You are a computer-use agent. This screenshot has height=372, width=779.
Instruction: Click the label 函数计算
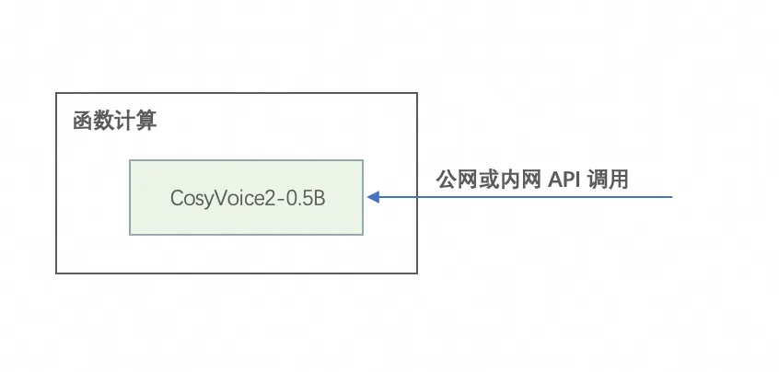coord(115,122)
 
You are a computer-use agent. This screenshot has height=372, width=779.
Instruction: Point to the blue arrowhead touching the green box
coord(372,197)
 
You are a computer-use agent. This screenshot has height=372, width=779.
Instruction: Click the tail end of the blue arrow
coord(673,197)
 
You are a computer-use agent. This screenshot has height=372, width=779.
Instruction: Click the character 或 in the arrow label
coord(487,179)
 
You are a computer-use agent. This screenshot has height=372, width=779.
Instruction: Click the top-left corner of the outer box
coord(57,93)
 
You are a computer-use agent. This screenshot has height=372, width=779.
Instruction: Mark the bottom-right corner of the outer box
coord(416,273)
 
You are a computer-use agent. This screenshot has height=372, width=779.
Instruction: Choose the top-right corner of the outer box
coord(416,93)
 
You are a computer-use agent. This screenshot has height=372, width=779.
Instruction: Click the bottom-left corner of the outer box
coord(57,273)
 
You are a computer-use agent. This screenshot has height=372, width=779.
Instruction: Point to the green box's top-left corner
coord(130,160)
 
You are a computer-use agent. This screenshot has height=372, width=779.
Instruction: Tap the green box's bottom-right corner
coord(363,235)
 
